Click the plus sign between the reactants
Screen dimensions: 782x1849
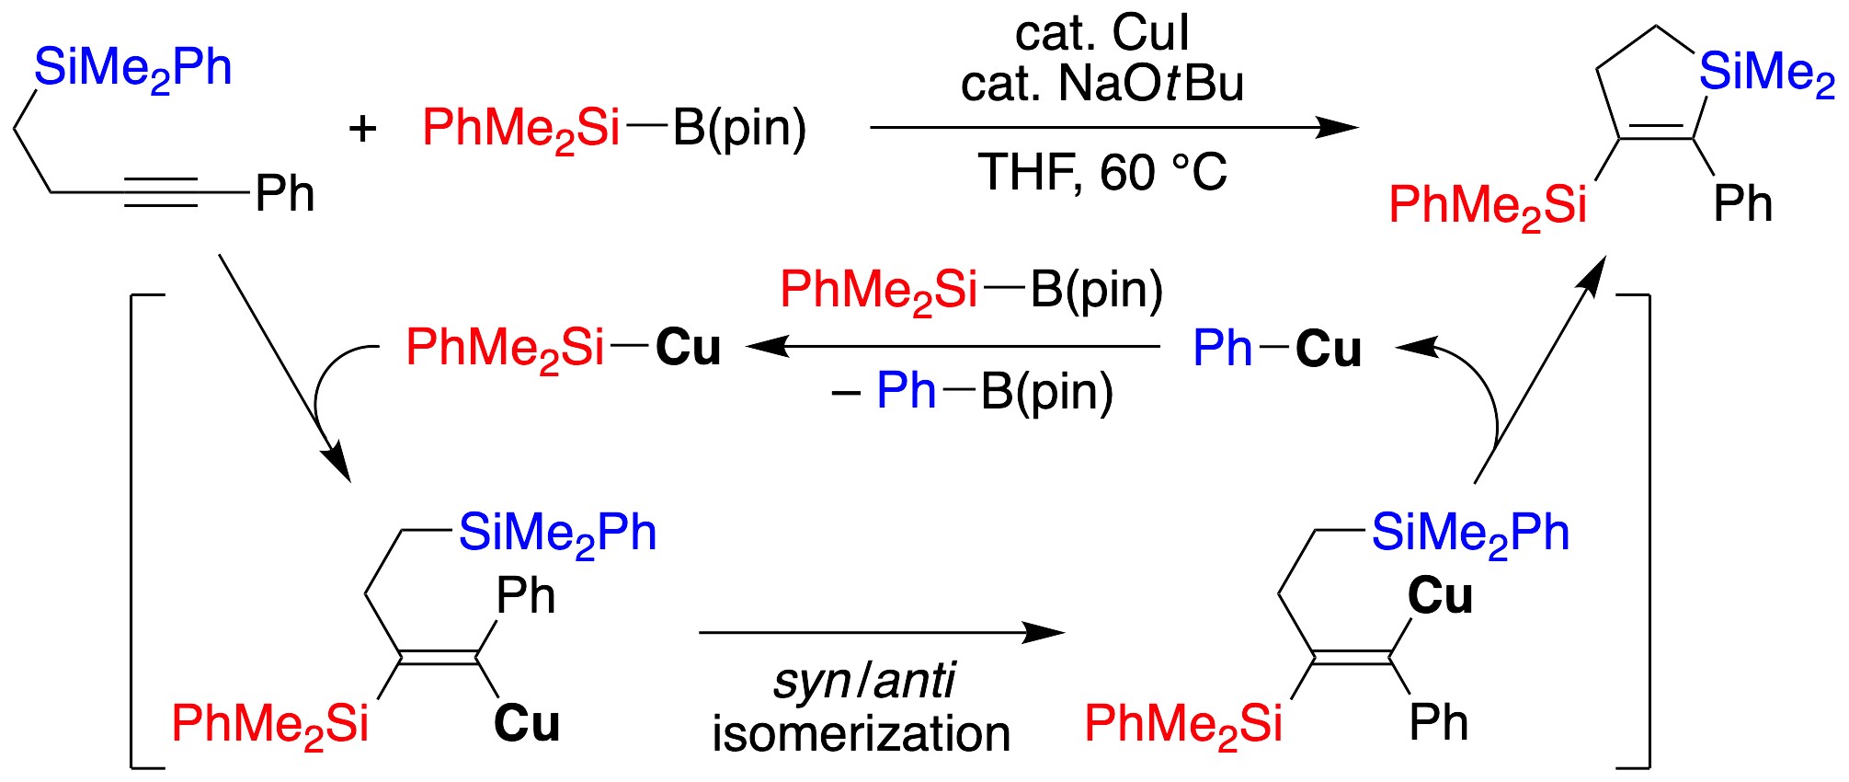pos(362,129)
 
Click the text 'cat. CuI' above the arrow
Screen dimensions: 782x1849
pos(1101,33)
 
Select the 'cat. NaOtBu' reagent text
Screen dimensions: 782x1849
pos(1101,84)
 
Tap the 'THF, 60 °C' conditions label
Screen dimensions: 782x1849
pos(1101,172)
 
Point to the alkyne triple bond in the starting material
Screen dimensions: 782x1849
pos(160,192)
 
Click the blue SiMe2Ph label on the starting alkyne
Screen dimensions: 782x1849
pos(132,69)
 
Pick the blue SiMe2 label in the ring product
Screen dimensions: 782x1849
pos(1766,73)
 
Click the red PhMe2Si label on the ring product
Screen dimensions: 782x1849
pos(1487,205)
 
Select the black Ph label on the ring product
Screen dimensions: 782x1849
pos(1742,203)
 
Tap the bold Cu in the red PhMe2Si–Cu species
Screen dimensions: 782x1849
pos(688,348)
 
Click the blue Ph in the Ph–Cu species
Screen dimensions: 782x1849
pos(1222,349)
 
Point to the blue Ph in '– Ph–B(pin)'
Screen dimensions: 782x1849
pos(906,391)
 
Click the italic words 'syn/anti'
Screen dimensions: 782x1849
pos(863,682)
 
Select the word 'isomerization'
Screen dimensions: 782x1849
pos(862,734)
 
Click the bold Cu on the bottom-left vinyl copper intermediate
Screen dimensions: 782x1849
pos(527,723)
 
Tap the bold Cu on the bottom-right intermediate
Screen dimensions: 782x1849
pos(1440,595)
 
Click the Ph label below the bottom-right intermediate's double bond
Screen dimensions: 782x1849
pos(1438,723)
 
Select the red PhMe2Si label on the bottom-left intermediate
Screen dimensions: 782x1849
pos(269,724)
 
